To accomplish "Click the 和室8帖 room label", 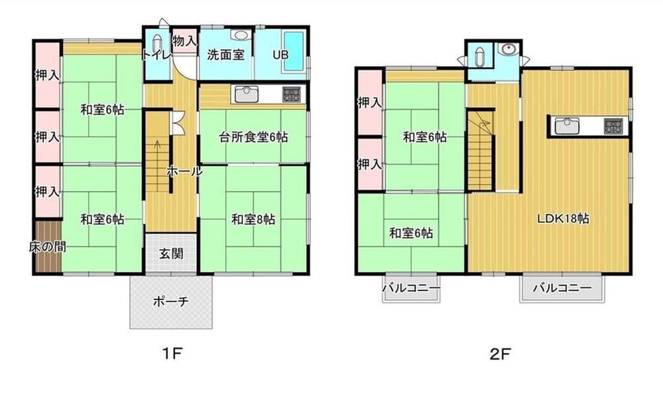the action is click(253, 219).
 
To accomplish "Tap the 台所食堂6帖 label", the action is click(253, 137).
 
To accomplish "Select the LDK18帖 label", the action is click(563, 218).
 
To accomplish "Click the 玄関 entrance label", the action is click(171, 253).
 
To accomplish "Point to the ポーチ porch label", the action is click(171, 302).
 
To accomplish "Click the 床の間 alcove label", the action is click(47, 247).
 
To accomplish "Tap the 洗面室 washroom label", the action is click(226, 54).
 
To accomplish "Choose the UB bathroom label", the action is click(280, 54).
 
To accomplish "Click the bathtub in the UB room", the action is click(294, 52).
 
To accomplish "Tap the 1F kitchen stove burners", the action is click(291, 94).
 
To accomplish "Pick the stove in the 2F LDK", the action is click(613, 125).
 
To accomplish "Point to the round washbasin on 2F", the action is click(507, 49).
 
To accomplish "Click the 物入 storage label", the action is click(185, 41).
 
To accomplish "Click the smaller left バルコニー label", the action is click(412, 289).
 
